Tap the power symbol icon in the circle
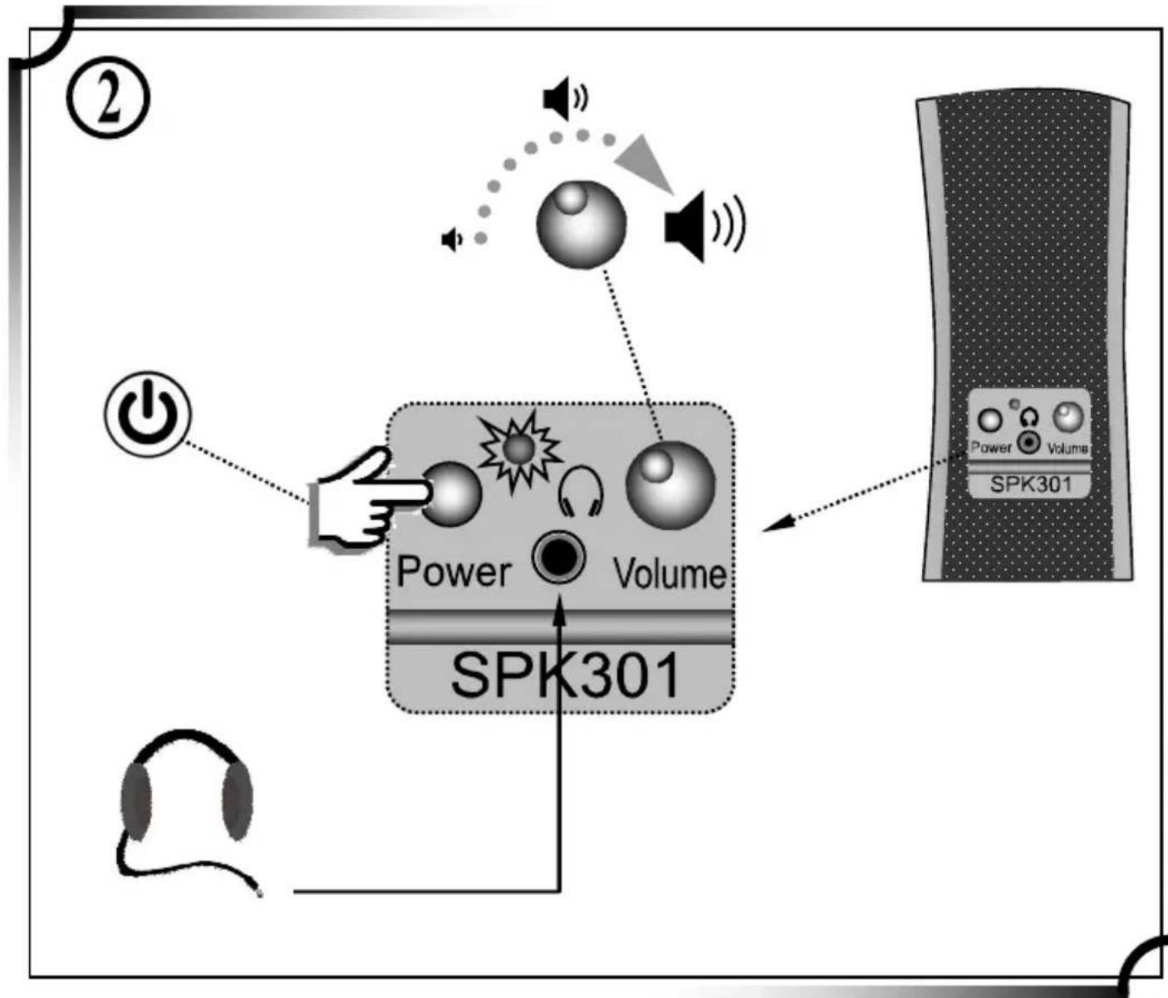147,413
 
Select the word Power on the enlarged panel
453,572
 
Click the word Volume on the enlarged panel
669,574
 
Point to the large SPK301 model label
565,675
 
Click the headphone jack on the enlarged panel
558,558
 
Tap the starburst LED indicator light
520,450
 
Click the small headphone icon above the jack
581,491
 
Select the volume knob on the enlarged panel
670,484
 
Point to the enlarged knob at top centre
581,224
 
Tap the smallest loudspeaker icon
451,240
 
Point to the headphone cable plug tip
259,893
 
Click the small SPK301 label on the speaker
1030,484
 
